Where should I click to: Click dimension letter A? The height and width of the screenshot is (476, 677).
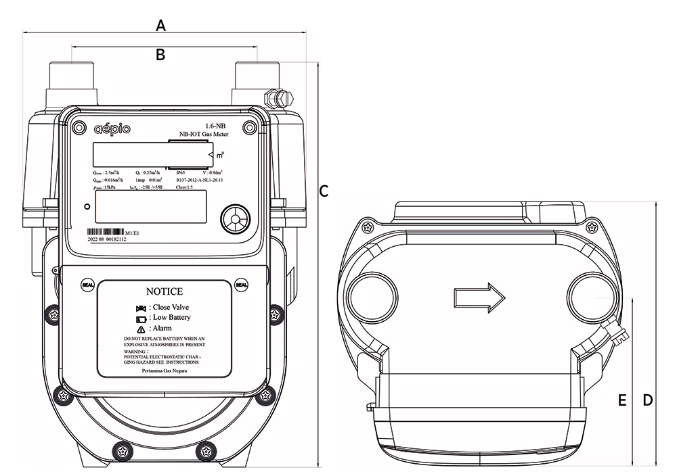click(161, 26)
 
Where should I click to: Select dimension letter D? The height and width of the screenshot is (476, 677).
click(647, 400)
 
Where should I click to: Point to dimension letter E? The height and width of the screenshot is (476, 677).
click(622, 400)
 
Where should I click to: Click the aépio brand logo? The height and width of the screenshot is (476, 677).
click(112, 128)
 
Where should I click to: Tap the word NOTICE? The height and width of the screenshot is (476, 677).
click(165, 292)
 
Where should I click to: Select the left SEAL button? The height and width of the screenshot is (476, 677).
click(87, 284)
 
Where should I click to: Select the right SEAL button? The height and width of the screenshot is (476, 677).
click(242, 284)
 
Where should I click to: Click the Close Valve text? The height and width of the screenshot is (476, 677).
click(171, 307)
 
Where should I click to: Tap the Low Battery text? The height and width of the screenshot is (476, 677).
click(171, 317)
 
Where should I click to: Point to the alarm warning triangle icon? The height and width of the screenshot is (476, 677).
click(140, 328)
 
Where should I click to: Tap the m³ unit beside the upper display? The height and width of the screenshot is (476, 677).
click(221, 156)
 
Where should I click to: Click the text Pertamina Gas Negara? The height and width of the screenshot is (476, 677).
click(165, 370)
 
